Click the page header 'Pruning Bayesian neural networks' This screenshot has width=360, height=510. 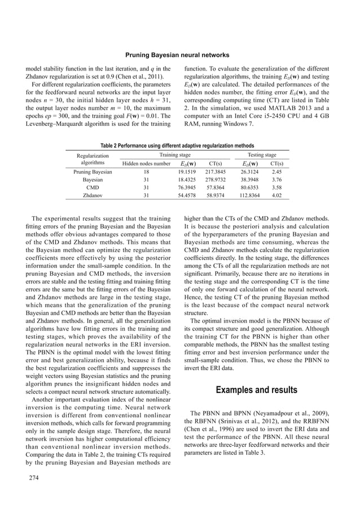click(x=180, y=55)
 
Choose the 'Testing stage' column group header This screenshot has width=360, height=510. click(x=262, y=154)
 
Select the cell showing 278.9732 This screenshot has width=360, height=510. click(x=215, y=180)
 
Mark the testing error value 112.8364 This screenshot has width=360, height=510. click(x=249, y=196)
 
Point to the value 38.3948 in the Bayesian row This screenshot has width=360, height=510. click(x=249, y=180)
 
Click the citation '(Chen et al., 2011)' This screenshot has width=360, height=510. click(x=129, y=75)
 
